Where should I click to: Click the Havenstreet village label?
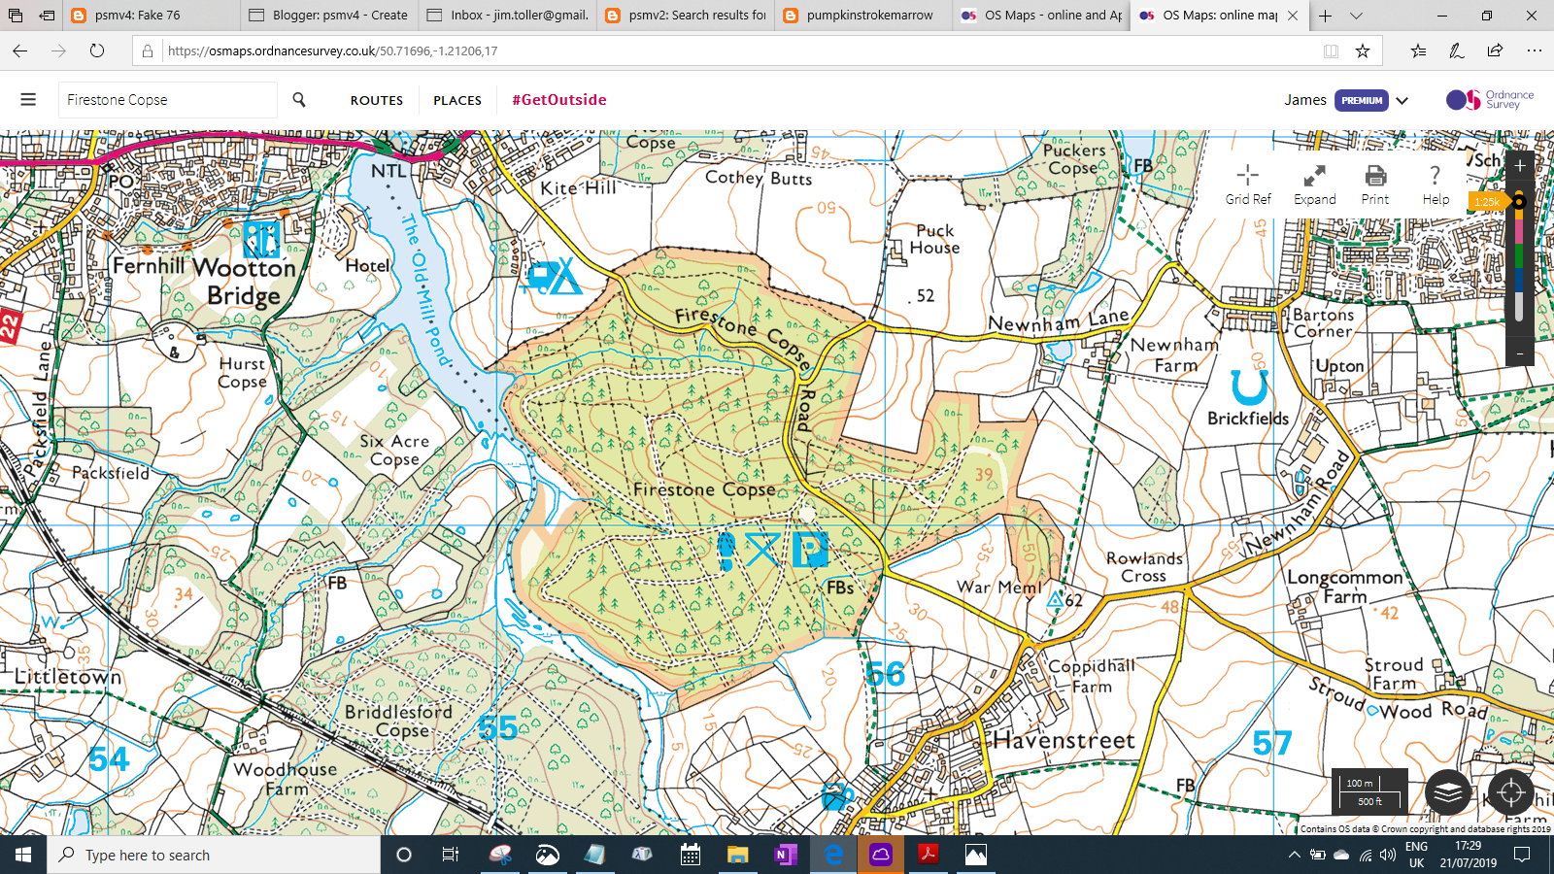[x=1064, y=741]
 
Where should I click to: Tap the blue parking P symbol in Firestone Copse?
[x=809, y=550]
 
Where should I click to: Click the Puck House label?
[x=934, y=239]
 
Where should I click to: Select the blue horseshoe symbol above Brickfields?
[x=1249, y=387]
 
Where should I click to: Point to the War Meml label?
[x=998, y=587]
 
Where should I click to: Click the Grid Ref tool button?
[x=1248, y=185]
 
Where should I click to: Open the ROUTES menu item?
[x=377, y=100]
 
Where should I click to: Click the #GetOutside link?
[x=559, y=100]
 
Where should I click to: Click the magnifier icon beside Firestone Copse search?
[x=299, y=100]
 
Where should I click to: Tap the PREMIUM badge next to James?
[x=1361, y=100]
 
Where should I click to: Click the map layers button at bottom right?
[x=1448, y=792]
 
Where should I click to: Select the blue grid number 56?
[x=885, y=674]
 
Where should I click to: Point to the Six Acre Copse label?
[x=394, y=450]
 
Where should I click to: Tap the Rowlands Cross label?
[x=1144, y=567]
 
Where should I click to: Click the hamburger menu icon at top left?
[x=28, y=100]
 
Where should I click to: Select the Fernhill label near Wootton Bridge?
[x=149, y=266]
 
